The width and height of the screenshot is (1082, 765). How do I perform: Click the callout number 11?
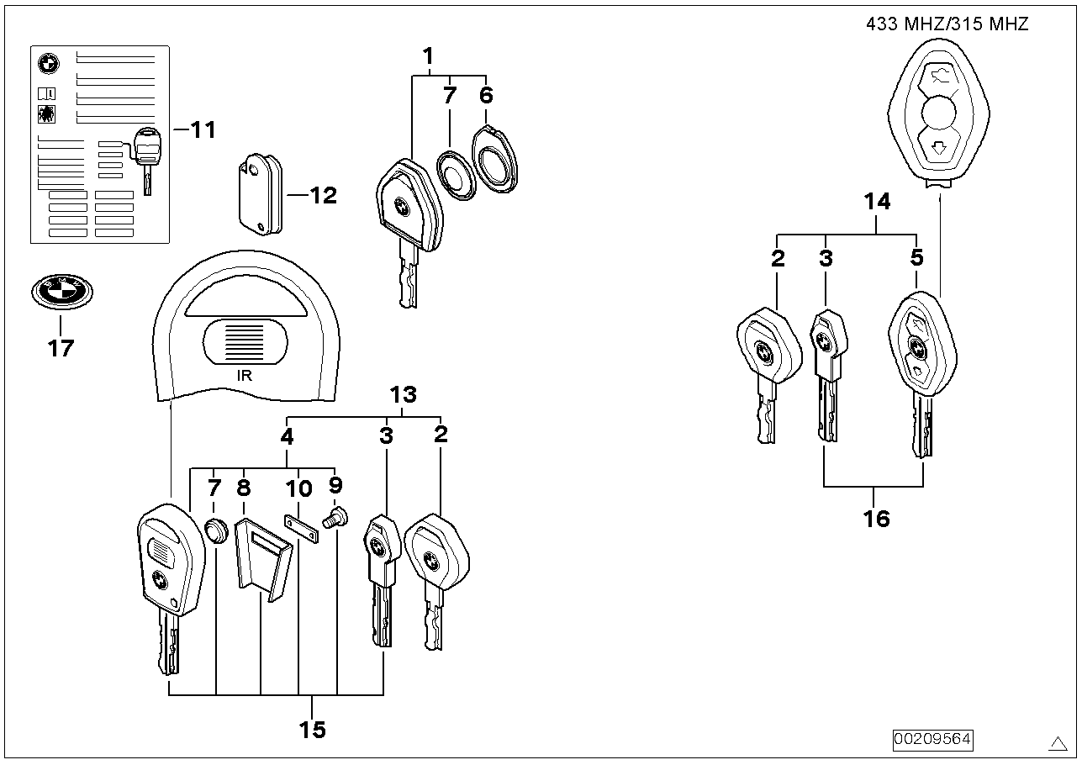203,129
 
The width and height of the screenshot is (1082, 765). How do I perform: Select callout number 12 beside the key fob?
323,196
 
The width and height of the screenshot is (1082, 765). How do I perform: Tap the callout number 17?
61,348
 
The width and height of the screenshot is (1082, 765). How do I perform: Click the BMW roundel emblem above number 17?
62,292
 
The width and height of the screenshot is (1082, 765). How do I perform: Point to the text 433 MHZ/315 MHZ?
947,24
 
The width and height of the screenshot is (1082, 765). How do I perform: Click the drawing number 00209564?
932,739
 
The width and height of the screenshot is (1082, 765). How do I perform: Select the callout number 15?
313,730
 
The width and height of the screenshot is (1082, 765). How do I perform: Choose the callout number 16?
876,519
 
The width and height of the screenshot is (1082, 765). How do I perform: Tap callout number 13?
404,394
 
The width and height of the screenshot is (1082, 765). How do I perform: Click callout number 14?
877,202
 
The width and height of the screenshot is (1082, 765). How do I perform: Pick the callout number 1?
429,56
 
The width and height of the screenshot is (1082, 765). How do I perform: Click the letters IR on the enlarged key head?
245,375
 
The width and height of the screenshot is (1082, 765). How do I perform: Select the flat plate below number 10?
302,528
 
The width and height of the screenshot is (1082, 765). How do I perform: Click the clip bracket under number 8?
264,560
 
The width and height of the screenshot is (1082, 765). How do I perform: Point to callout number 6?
486,95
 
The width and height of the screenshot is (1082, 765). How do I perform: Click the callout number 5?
917,257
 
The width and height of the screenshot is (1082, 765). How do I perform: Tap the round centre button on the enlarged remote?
938,113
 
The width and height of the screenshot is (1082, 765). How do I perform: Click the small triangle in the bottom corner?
1058,744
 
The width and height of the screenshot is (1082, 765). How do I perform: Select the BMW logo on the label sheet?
49,64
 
